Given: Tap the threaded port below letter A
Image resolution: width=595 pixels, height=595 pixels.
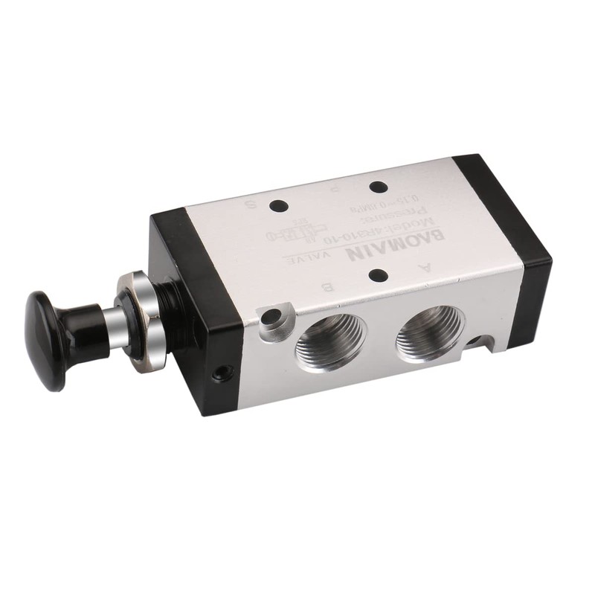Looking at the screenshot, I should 429,327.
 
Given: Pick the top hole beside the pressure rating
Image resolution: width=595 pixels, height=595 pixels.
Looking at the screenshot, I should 378,187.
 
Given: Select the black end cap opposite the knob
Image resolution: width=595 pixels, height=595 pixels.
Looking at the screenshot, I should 513,245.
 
